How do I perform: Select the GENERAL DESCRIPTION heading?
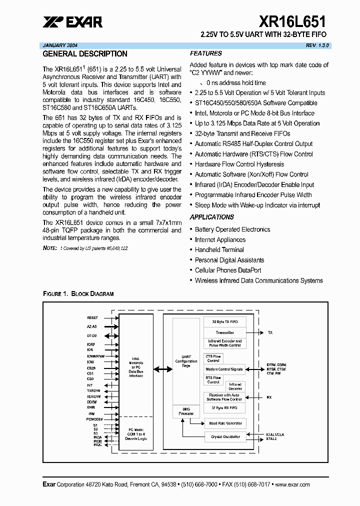click(85, 54)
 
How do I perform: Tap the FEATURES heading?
click(205, 53)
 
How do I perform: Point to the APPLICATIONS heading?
click(211, 217)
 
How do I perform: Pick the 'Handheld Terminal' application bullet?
click(219, 250)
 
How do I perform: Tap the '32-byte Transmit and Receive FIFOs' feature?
click(242, 133)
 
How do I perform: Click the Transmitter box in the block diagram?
click(224, 332)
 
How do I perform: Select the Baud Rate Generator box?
click(224, 423)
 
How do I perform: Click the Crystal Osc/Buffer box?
click(224, 436)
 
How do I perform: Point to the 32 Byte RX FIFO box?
click(224, 408)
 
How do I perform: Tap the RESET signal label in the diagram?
click(92, 317)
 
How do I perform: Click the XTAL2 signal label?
click(271, 438)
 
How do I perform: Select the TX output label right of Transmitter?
click(270, 332)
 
